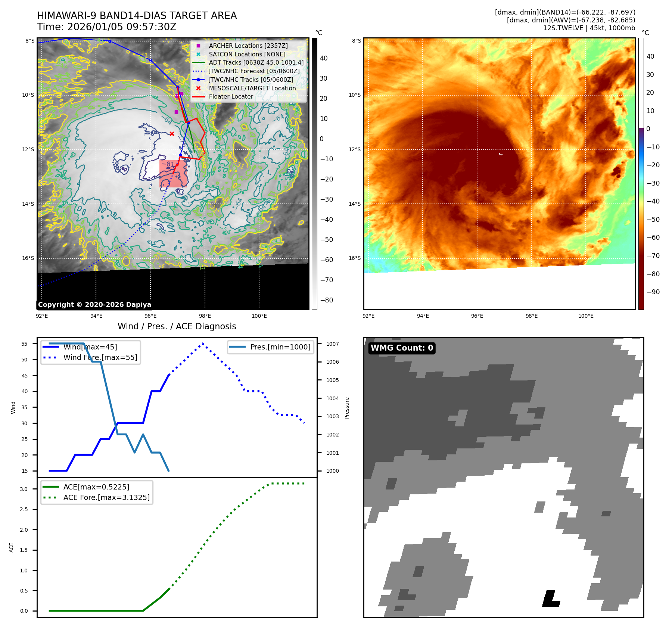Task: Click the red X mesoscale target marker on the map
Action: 172,134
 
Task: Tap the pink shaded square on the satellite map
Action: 173,174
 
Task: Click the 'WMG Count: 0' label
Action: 402,348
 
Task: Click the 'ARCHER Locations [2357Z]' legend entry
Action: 248,46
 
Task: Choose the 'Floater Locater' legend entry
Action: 231,96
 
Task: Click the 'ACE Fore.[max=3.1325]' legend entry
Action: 106,497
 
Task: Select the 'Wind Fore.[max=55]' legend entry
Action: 100,357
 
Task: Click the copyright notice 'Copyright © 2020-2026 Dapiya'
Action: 94,305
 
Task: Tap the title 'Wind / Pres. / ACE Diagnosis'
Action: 177,326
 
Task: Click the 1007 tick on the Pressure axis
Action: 332,344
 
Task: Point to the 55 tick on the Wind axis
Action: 24,344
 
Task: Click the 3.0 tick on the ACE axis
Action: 24,489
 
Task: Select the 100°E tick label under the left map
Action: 259,316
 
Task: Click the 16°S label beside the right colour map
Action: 355,258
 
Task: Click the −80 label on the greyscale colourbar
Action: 326,300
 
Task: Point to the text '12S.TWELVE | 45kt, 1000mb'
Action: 589,28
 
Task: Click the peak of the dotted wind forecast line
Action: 203,344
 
